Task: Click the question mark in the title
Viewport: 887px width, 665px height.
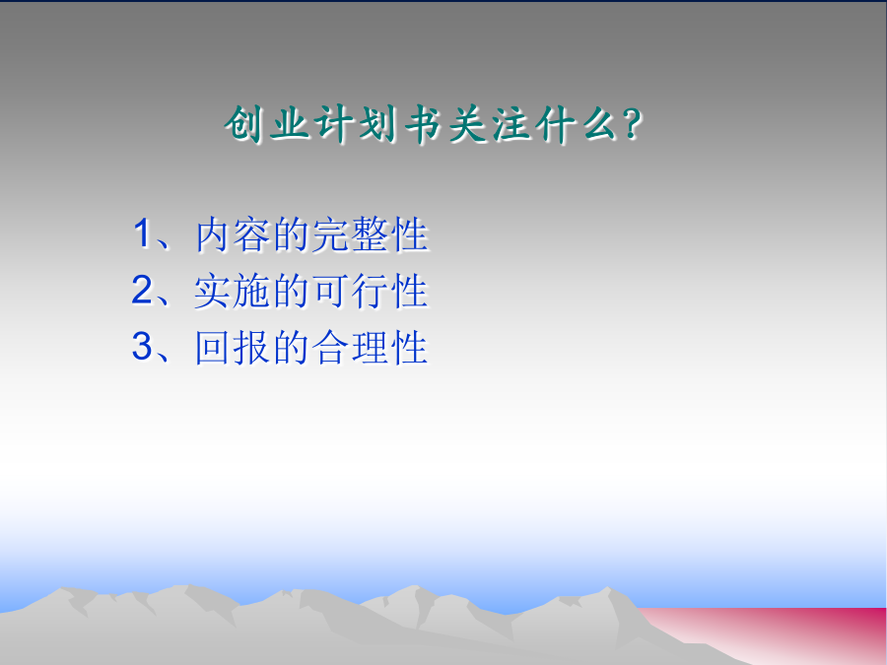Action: click(632, 124)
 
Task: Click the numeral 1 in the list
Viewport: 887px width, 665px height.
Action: click(141, 233)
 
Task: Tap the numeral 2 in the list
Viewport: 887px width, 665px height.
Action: click(142, 290)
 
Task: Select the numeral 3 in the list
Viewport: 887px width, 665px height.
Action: click(142, 346)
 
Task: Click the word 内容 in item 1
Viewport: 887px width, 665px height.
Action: click(233, 234)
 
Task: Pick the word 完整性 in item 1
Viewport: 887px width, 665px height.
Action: click(370, 234)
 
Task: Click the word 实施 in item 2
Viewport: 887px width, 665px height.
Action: click(231, 291)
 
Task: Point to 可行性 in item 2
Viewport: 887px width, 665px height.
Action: click(370, 291)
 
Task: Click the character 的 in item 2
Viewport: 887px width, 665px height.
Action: click(292, 291)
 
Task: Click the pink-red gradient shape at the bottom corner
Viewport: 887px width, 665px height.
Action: click(792, 633)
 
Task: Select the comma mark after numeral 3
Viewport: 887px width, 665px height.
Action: click(163, 357)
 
